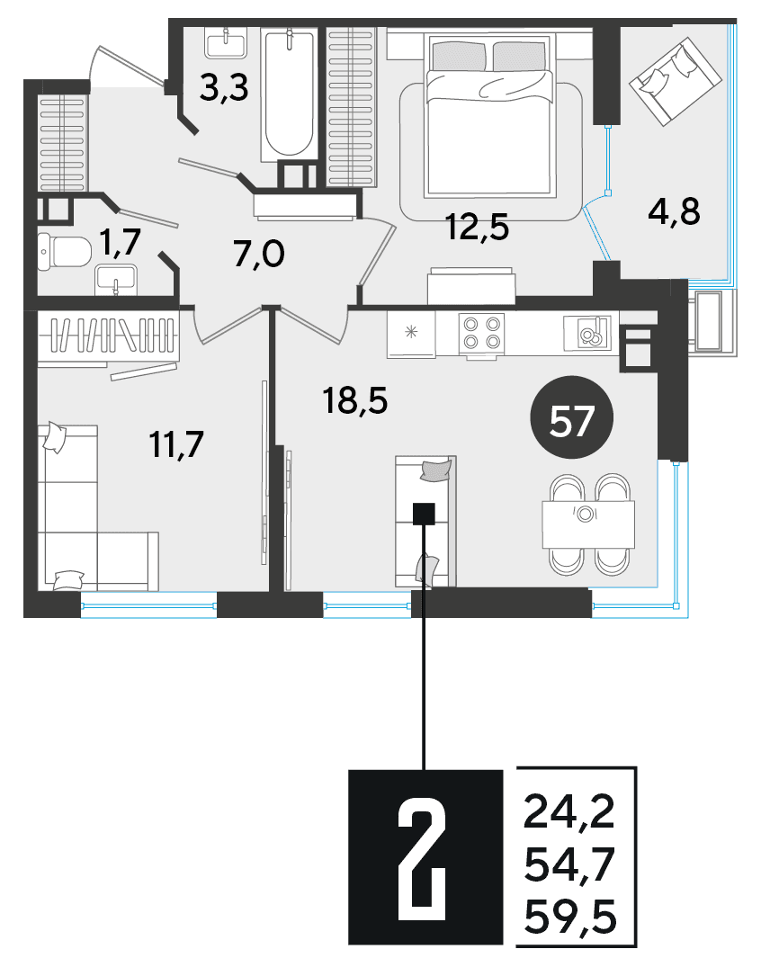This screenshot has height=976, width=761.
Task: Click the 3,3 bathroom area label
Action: tap(224, 89)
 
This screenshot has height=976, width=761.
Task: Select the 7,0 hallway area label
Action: tap(259, 255)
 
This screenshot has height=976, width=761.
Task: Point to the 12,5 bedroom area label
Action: tap(478, 227)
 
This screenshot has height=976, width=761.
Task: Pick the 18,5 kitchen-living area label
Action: tap(354, 400)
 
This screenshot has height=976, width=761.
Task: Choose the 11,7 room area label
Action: tap(176, 444)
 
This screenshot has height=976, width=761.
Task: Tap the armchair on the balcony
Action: tap(675, 81)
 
